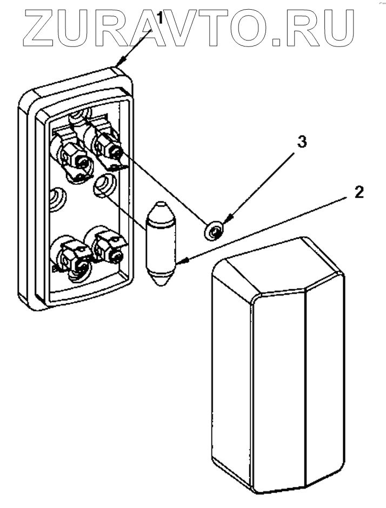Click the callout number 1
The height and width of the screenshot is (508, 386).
click(160, 19)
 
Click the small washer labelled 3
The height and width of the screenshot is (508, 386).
click(214, 231)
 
